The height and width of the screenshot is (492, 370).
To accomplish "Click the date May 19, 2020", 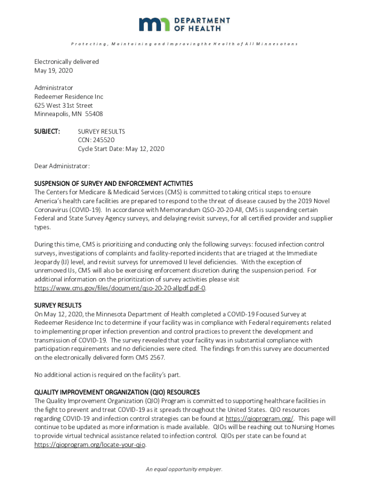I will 53,71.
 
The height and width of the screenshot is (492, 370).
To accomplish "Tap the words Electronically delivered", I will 66,61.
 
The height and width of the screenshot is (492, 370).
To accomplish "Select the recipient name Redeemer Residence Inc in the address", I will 68,97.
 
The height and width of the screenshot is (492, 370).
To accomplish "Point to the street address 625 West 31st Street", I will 63,105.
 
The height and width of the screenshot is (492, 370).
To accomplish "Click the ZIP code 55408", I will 93,114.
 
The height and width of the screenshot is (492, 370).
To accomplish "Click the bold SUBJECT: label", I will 47,131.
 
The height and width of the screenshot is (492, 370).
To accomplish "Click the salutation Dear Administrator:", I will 62,166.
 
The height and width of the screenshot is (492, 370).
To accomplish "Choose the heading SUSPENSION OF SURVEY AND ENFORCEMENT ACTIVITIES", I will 113,184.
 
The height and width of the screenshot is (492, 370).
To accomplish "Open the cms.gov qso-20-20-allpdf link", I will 120,288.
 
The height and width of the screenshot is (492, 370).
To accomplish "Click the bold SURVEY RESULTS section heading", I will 58,306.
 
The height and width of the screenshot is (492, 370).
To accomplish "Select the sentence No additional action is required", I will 107,375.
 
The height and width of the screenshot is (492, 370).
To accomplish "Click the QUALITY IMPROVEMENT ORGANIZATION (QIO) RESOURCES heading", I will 117,392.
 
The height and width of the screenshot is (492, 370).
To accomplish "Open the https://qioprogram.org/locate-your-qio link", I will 90,445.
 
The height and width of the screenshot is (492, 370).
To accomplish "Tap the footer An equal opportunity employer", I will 185,469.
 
